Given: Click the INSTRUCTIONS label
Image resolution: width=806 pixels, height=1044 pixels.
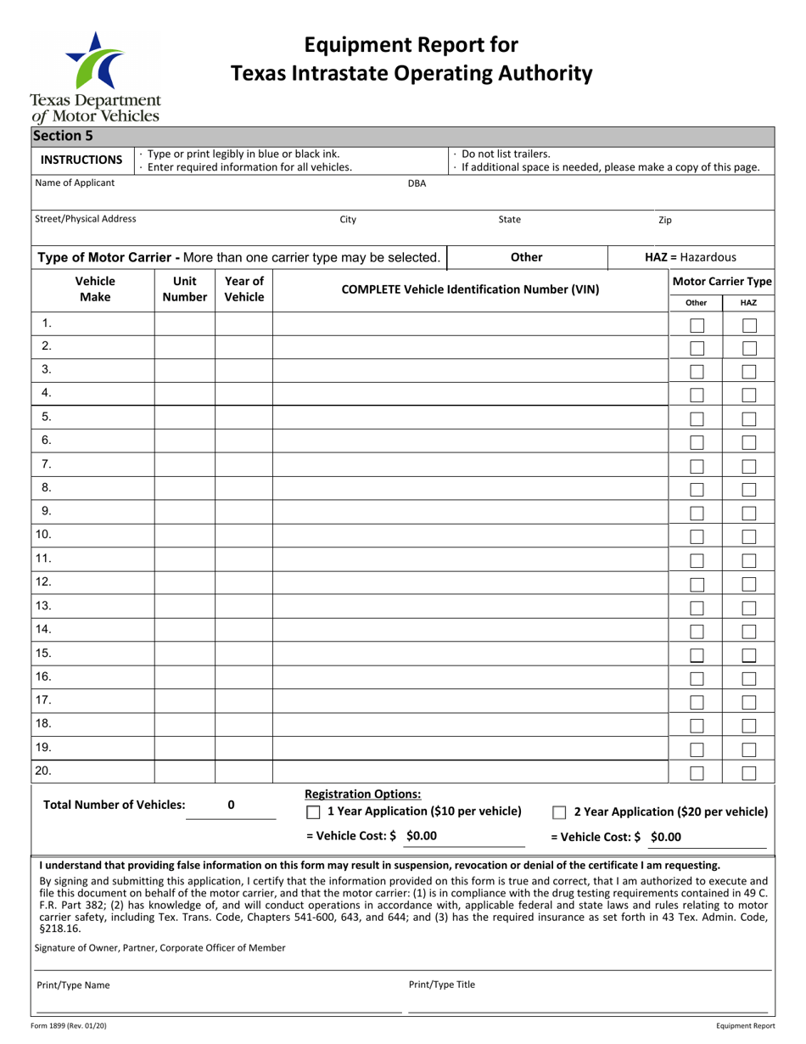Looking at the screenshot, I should tap(82, 160).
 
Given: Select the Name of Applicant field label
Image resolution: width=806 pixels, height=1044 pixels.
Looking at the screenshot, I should tap(75, 182).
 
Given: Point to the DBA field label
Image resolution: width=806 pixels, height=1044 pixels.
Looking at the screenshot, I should tap(417, 183).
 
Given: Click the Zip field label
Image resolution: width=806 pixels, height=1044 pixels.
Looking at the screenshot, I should tap(665, 220).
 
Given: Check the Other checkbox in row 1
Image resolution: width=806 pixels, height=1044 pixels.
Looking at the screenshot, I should tap(697, 325).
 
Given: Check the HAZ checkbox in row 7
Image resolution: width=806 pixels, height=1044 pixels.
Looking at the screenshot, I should tap(749, 466).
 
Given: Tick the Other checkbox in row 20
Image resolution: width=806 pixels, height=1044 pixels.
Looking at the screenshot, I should tap(697, 772).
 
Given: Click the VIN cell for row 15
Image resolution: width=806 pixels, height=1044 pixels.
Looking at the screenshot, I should tap(470, 654).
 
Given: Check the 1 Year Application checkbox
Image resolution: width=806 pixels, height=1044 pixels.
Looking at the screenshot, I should tap(313, 811).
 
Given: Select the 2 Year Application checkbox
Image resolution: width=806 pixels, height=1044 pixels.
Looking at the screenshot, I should tap(560, 812).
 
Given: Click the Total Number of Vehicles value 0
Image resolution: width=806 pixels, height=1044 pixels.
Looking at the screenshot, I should tap(231, 805).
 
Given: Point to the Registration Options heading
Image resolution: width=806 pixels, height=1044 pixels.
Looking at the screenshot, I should tap(362, 794).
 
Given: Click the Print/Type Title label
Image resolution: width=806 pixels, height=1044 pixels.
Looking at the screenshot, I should tap(441, 985).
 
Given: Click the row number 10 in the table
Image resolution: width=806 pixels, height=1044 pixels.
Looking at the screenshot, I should tap(44, 535).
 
